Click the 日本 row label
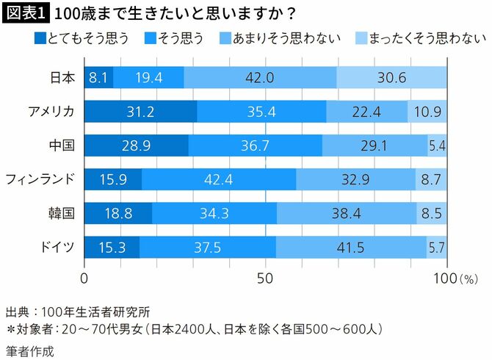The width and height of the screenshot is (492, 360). [62, 77]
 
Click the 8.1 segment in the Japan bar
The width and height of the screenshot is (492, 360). [98, 77]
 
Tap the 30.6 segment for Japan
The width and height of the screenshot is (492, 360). [391, 77]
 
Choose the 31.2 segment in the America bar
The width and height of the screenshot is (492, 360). [140, 111]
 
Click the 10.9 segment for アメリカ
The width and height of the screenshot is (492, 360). [427, 111]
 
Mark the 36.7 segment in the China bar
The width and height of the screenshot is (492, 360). [255, 145]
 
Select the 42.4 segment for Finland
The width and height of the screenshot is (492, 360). [219, 180]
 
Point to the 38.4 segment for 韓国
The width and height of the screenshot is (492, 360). [346, 214]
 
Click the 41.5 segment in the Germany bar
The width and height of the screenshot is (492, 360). [351, 248]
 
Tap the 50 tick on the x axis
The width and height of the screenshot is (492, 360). [265, 279]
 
